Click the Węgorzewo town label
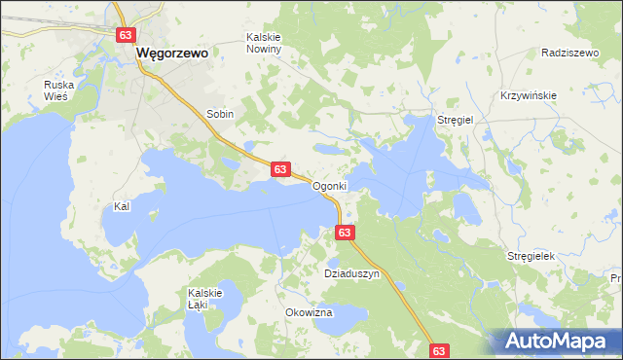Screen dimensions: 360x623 172,54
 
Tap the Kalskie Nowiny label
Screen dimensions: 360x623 263,43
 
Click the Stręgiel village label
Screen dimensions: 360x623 455,119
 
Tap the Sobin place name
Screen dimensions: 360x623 220,114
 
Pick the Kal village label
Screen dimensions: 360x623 122,206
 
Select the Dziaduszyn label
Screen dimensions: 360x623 350,274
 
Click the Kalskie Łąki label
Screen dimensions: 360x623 206,298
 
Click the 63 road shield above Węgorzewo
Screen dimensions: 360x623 125,35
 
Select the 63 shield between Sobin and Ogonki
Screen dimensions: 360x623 279,169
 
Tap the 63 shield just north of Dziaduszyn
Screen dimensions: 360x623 346,233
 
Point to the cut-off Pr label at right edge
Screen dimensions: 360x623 616,279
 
